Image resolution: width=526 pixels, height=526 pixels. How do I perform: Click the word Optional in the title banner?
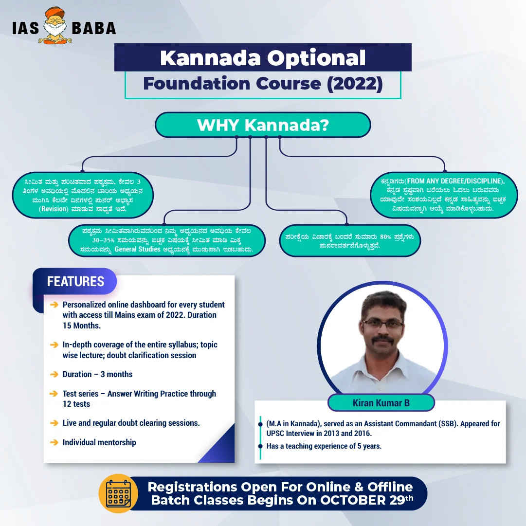click(x=316, y=58)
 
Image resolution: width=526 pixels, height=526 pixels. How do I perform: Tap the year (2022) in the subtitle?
click(x=355, y=84)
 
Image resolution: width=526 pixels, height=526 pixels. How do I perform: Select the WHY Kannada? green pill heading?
click(x=263, y=125)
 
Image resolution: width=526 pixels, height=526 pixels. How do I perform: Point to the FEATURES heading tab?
click(x=75, y=281)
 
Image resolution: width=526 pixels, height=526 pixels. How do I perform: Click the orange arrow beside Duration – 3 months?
click(x=54, y=374)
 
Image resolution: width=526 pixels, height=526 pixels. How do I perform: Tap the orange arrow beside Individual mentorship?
click(x=54, y=442)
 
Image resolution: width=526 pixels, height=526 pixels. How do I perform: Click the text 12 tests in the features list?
click(x=76, y=404)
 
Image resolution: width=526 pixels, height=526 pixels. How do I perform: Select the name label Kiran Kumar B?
click(x=381, y=403)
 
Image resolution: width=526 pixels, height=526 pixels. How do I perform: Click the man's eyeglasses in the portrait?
click(x=382, y=324)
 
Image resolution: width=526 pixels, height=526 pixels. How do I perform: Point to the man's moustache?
click(x=382, y=339)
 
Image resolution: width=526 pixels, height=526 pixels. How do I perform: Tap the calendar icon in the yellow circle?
click(x=118, y=493)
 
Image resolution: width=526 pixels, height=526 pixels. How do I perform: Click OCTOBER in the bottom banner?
click(x=353, y=500)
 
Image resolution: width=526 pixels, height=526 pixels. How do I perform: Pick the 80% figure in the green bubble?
click(x=386, y=237)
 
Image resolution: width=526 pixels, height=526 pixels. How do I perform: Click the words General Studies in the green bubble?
click(x=137, y=249)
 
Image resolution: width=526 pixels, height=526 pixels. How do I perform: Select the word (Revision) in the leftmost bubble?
click(x=54, y=209)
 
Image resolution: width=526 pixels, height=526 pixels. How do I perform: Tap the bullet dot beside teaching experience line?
click(x=260, y=446)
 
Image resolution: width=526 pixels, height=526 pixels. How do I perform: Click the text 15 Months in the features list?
click(x=82, y=326)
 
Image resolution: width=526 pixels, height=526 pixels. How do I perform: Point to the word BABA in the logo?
click(x=94, y=28)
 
